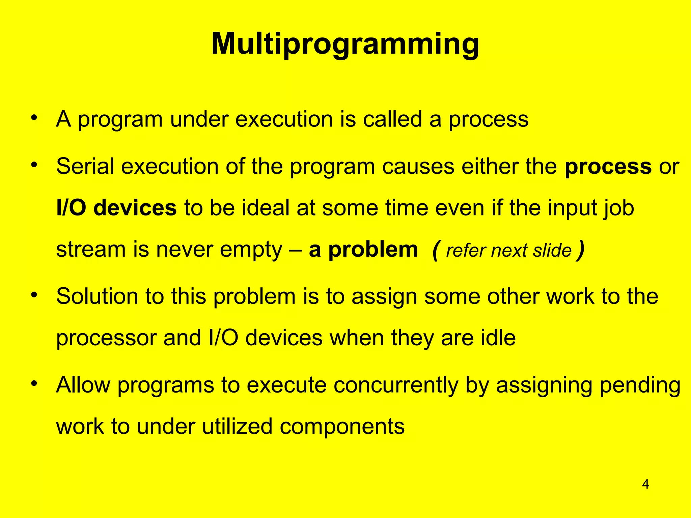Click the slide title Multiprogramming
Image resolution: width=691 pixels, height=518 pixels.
point(345,44)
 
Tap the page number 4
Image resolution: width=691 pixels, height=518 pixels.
point(645,484)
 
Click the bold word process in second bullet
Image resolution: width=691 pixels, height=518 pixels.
point(608,166)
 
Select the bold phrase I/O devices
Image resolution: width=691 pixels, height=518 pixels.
point(116,208)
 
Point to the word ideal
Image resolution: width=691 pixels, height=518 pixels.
point(266,208)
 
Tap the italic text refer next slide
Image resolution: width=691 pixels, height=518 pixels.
point(508,251)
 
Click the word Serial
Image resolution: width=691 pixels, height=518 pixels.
point(85,166)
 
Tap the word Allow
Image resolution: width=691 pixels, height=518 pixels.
point(83,385)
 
